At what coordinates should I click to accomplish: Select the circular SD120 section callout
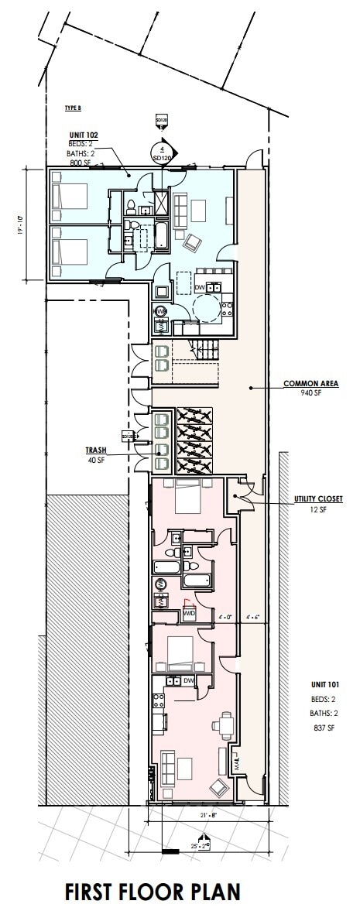click(x=162, y=151)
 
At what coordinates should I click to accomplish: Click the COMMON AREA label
click(x=304, y=383)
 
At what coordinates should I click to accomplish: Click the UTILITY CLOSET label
click(x=317, y=499)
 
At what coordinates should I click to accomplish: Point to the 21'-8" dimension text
click(x=204, y=815)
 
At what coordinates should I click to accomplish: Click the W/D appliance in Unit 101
click(x=188, y=615)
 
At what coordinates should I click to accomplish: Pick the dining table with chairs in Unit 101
click(x=226, y=724)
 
